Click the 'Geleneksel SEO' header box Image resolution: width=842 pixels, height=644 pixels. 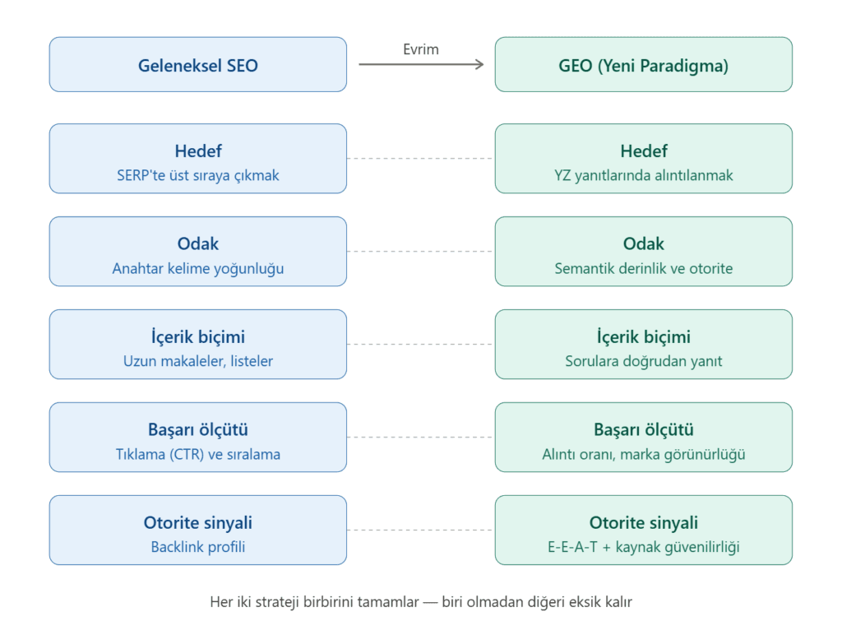(x=197, y=65)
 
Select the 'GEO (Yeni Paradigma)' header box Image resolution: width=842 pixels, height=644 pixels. (x=643, y=65)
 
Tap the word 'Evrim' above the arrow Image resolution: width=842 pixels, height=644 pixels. (x=420, y=49)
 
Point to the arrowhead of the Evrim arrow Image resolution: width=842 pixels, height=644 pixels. (x=480, y=64)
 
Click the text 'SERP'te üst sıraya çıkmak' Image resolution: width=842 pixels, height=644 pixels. (x=197, y=175)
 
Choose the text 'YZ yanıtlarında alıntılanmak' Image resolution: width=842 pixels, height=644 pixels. (x=643, y=175)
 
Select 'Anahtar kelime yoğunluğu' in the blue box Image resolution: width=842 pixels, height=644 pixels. (x=197, y=268)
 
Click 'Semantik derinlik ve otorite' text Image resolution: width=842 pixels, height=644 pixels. (x=643, y=268)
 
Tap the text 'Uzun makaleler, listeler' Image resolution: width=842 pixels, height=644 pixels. (x=197, y=361)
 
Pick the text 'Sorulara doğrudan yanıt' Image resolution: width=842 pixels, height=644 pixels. (x=643, y=361)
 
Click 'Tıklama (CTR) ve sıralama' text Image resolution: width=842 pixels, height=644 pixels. (x=197, y=454)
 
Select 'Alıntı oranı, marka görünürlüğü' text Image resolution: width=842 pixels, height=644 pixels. (x=643, y=454)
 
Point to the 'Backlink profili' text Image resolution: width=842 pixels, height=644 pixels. (x=197, y=547)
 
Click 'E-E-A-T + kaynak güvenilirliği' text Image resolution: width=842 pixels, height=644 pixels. (x=643, y=547)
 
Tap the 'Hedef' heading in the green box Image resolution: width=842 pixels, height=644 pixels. (x=643, y=151)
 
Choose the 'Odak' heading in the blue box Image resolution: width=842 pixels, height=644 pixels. (x=197, y=244)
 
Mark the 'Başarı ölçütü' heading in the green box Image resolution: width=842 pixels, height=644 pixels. (x=643, y=430)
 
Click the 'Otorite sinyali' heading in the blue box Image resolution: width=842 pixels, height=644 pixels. (x=197, y=523)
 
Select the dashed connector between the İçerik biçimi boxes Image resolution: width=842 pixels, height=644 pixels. (x=420, y=344)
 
